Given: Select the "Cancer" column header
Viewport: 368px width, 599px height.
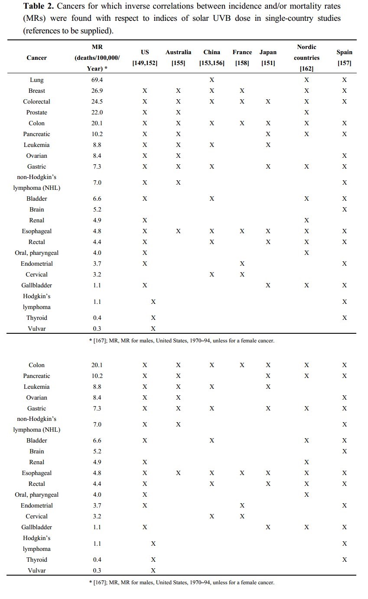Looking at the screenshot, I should (x=37, y=58).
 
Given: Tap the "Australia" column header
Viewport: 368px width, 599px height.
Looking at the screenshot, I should (x=178, y=52).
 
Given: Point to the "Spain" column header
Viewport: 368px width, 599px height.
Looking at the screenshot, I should (x=344, y=52).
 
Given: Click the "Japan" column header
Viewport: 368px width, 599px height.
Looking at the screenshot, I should (x=268, y=52).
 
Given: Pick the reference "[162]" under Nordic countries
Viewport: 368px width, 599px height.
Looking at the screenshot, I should (x=306, y=68).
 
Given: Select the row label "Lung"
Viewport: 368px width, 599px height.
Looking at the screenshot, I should (x=37, y=80).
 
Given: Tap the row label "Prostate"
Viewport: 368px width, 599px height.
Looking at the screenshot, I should (x=37, y=112).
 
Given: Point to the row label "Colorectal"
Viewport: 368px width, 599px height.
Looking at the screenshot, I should (x=37, y=101).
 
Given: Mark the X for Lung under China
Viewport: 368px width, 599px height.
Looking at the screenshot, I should (x=212, y=80).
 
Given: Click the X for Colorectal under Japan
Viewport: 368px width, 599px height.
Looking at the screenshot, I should (x=268, y=101).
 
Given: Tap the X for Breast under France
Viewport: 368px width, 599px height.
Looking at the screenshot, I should (x=242, y=91).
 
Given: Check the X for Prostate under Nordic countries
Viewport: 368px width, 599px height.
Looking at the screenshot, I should (x=306, y=112).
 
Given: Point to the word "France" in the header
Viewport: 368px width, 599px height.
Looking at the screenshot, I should (x=242, y=52).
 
